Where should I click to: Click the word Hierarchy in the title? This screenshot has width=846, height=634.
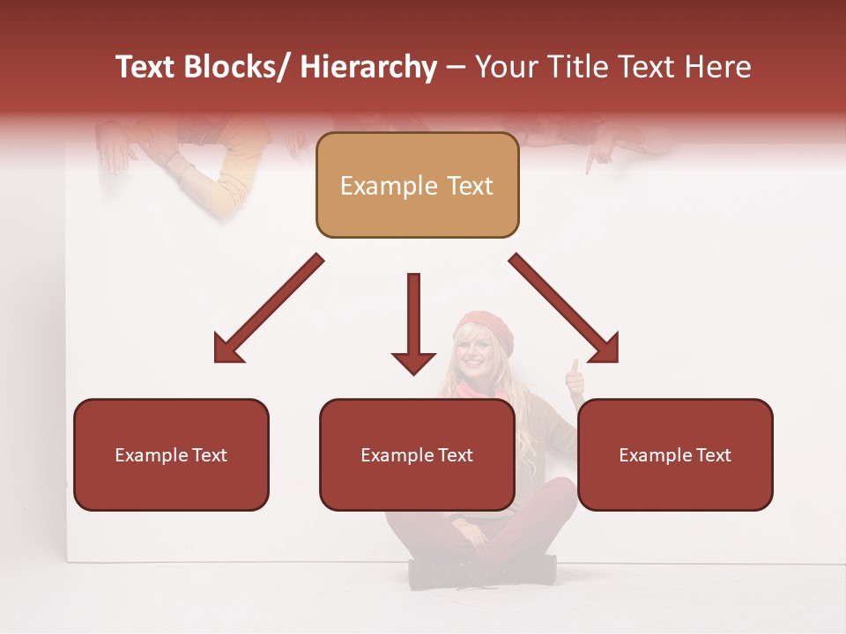[368, 68]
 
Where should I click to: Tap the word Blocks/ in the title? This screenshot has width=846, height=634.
[235, 68]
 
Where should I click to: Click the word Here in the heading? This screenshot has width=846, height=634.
[717, 68]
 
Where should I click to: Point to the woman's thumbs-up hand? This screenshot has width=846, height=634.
[575, 377]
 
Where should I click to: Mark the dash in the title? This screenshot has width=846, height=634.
[456, 69]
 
